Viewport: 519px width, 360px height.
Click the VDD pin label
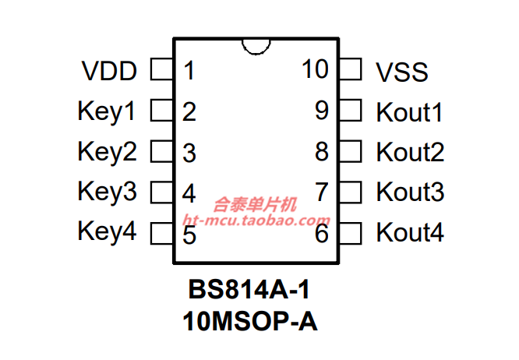pos(109,72)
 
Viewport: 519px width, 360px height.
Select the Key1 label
pos(107,111)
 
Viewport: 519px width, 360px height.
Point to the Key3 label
pos(107,192)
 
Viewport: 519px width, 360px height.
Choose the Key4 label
pos(107,231)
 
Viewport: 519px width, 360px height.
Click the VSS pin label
pos(402,72)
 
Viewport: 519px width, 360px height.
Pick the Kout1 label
pos(410,112)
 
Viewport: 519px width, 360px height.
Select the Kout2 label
pos(410,152)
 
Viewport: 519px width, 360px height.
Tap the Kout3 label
pos(410,192)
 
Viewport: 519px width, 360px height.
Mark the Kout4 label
pos(410,232)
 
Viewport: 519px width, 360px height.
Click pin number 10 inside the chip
pos(316,69)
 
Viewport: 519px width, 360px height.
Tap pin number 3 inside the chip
pos(189,153)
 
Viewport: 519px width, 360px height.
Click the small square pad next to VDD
pos(161,71)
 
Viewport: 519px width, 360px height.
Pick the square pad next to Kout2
pos(351,151)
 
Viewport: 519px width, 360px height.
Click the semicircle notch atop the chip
pos(256,44)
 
